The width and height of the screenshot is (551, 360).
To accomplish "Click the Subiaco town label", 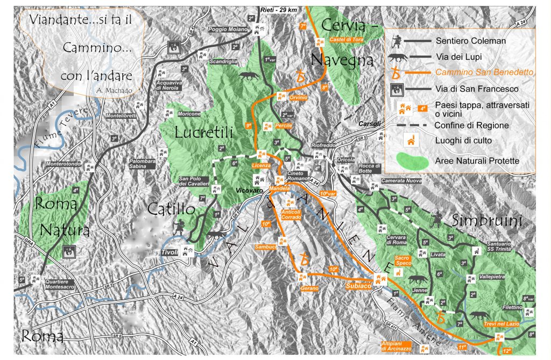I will click(358, 286).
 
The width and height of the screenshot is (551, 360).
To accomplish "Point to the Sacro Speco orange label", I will click(403, 260).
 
